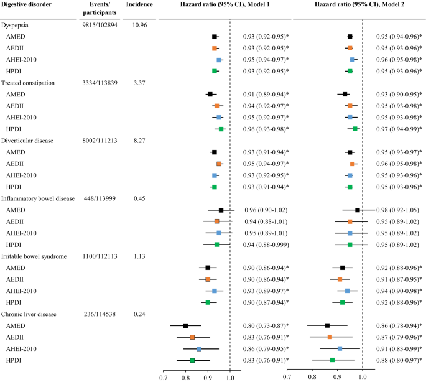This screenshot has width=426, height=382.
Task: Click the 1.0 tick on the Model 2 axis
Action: (363, 376)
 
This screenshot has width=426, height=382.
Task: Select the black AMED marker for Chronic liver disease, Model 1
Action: (185, 325)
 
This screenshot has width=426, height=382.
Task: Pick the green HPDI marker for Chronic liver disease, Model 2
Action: (333, 360)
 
